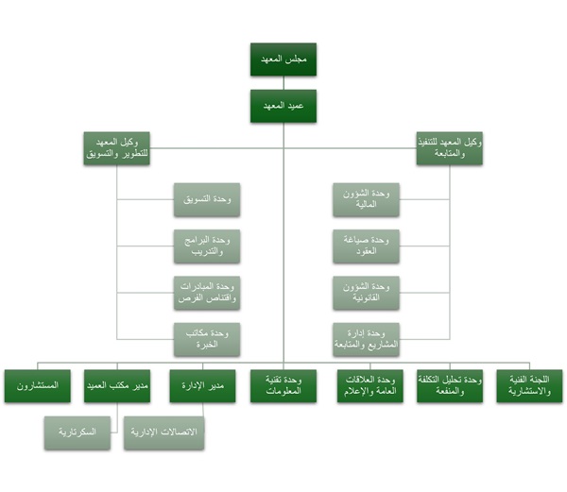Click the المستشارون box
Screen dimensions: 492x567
37,386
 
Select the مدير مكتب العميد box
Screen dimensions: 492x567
119,386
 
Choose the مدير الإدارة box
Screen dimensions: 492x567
201,386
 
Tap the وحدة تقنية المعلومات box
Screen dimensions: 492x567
283,386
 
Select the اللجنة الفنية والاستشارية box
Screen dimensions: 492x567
529,386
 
